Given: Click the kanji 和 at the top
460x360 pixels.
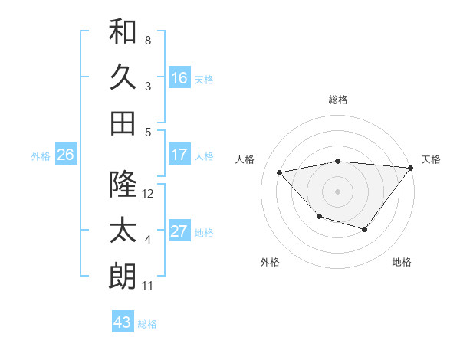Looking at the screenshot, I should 123,32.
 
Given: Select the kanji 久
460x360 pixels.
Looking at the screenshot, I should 123,77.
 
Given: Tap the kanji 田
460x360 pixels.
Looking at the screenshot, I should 123,123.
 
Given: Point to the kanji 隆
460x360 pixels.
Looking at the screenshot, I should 123,185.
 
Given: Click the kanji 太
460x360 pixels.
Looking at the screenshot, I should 123,231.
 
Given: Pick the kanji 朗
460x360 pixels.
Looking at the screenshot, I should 123,277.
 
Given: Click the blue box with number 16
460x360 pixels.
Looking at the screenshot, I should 179,78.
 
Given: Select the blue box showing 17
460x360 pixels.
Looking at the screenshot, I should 179,155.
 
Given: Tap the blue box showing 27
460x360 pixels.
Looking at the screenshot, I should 179,231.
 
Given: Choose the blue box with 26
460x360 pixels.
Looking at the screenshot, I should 65,155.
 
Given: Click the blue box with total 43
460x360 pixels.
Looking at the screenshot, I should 123,322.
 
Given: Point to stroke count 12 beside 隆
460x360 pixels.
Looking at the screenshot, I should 149,194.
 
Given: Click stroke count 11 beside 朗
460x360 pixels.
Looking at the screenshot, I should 148,286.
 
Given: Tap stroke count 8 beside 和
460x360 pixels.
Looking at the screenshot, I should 148,40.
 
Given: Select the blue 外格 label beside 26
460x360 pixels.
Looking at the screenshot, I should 41,155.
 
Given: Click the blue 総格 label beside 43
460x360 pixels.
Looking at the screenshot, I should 147,324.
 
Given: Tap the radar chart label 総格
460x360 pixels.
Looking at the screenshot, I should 337,100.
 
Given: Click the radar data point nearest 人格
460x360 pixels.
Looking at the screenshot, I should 280,172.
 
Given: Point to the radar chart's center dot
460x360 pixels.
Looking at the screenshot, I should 337,191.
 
